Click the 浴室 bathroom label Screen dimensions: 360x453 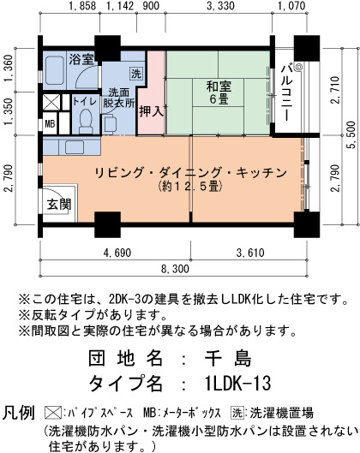point(81,59)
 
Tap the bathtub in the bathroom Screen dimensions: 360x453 point(55,70)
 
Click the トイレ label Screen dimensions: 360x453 point(85,101)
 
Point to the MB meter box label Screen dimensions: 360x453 point(51,124)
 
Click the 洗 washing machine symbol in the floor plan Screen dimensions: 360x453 point(135,74)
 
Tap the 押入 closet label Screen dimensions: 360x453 point(151,111)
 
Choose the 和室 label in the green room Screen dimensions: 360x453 point(219,86)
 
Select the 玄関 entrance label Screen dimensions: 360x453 point(59,205)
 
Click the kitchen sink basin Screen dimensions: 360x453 point(75,146)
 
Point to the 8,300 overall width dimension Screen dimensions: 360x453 point(175,269)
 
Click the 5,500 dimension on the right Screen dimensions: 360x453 point(351,135)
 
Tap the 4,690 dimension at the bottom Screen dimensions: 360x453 point(117,253)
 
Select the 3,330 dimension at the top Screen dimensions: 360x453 point(220,6)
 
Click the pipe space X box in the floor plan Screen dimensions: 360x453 point(51,102)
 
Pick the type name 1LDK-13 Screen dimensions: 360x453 point(237,384)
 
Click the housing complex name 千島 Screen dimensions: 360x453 point(227,358)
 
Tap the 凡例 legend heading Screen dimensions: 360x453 point(19,412)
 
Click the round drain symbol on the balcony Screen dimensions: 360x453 point(298,67)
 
